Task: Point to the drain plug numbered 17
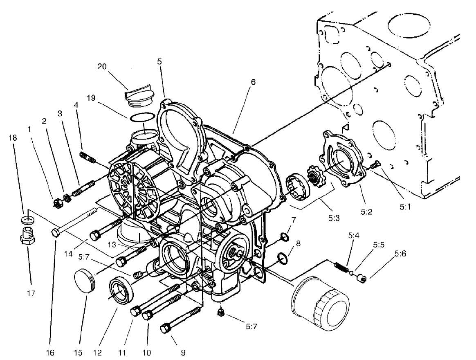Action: (27, 239)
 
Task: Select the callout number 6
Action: (254, 82)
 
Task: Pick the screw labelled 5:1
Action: (375, 165)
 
